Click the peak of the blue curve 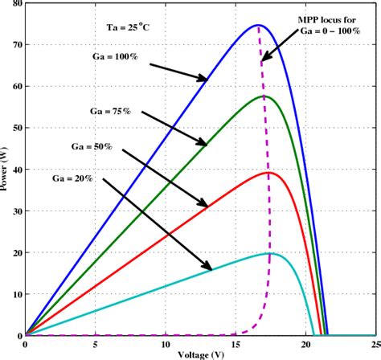point(258,25)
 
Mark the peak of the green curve point(264,96)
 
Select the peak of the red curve point(270,173)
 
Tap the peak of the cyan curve point(270,253)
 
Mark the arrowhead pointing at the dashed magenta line point(264,59)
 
